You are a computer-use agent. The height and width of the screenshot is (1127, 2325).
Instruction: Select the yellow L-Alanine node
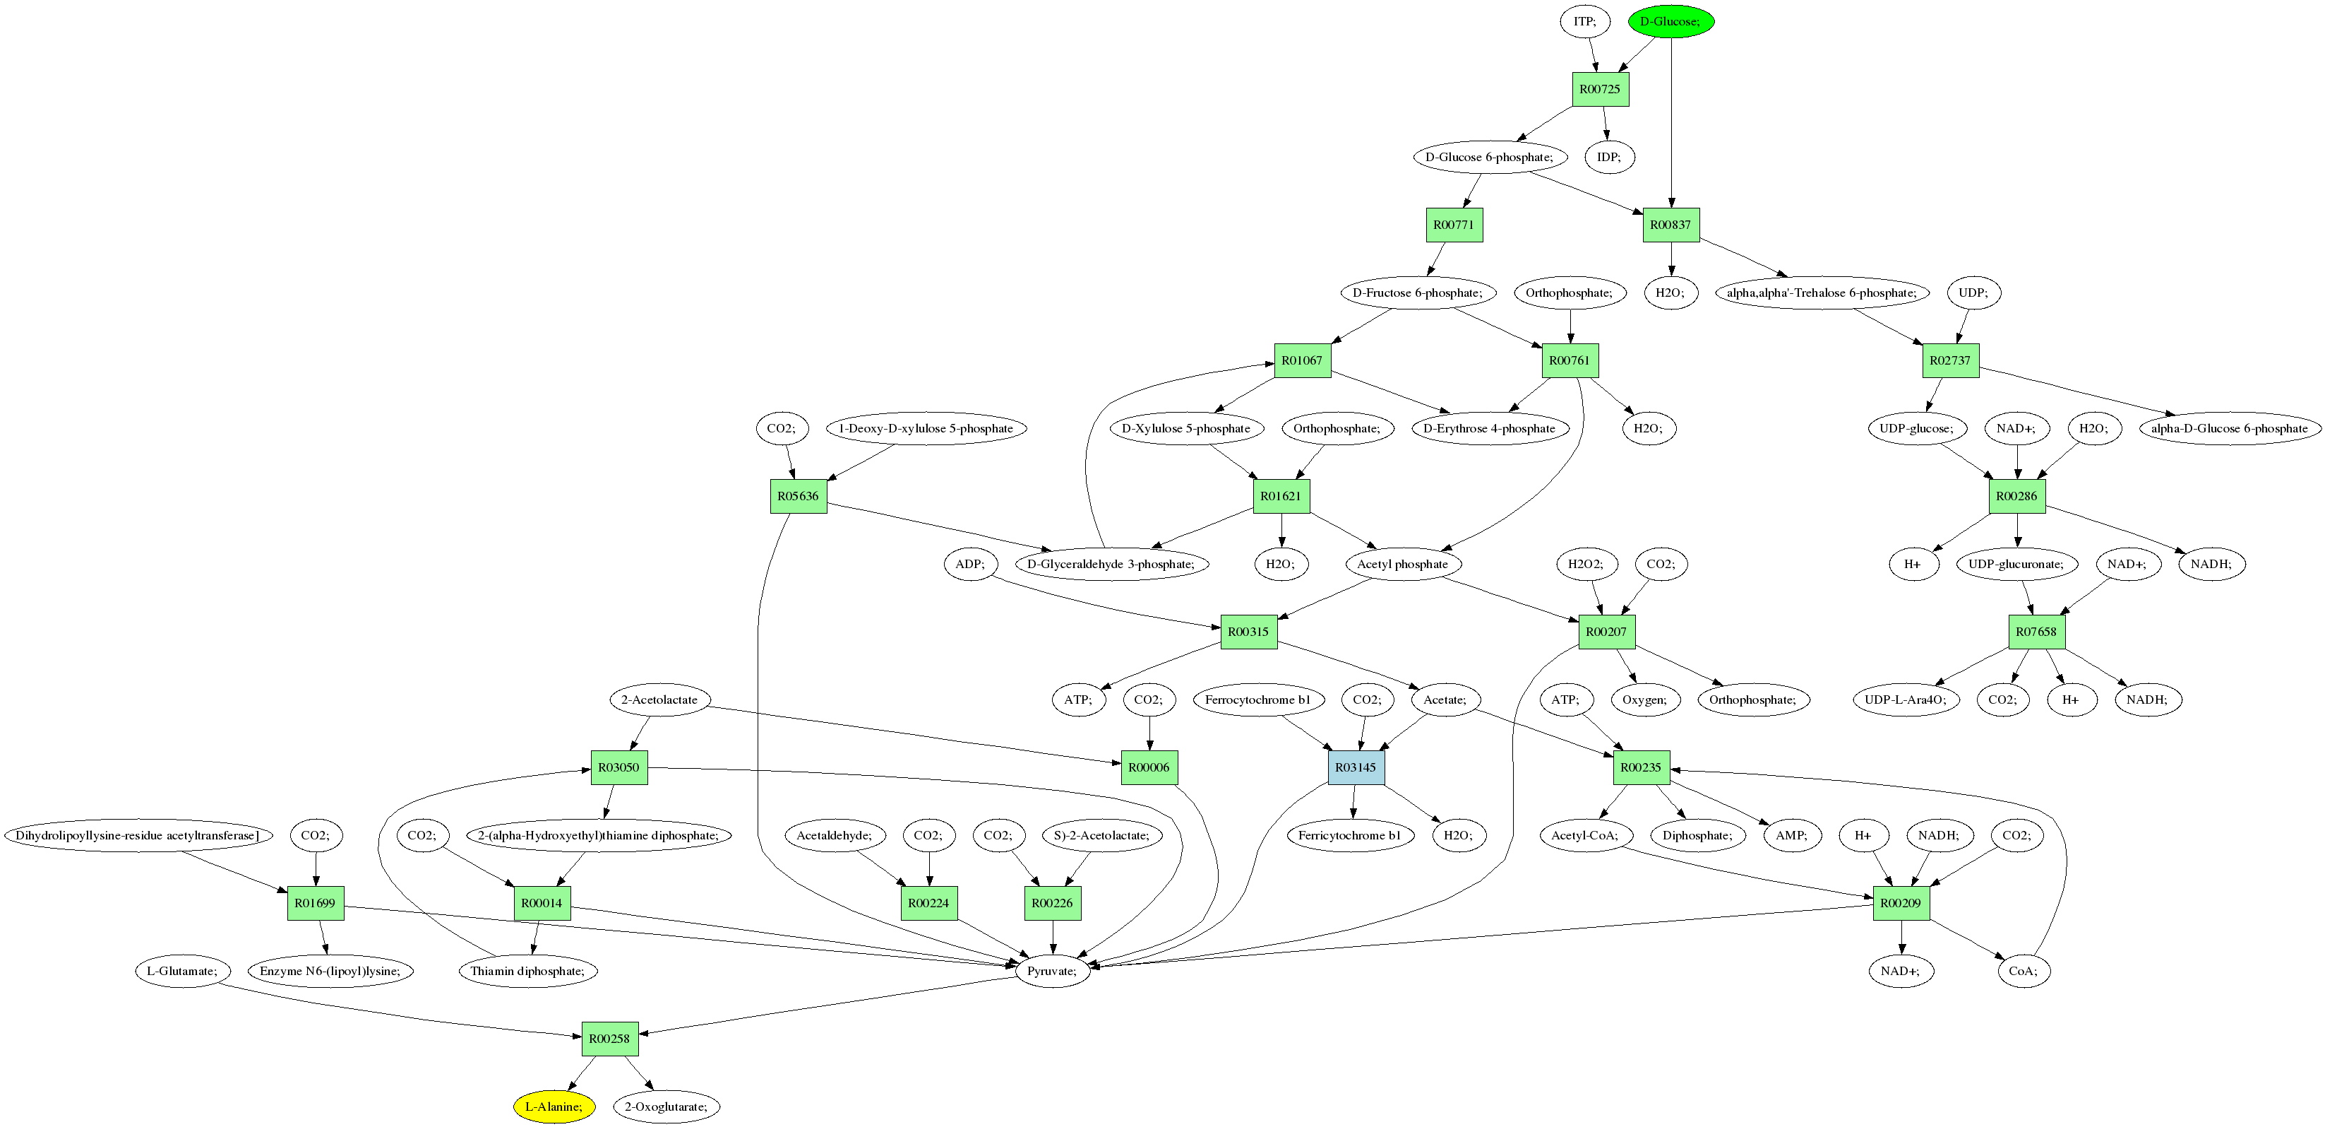click(554, 1107)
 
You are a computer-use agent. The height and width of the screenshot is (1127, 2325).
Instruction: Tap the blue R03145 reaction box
click(1356, 767)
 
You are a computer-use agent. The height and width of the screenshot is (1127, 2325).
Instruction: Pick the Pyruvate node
click(1053, 971)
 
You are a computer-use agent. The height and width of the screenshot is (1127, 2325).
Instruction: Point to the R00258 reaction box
click(609, 1039)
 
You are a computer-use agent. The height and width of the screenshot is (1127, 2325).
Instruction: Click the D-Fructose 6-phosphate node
click(1417, 293)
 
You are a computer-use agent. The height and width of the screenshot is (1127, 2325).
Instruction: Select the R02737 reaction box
click(1949, 360)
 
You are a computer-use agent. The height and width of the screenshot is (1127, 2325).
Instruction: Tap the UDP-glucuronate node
click(2016, 565)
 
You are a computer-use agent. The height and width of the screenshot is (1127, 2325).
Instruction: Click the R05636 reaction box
click(798, 496)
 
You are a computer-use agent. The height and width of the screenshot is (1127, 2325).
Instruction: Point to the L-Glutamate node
click(182, 971)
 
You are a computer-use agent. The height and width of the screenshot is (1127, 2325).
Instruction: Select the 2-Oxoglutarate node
click(666, 1107)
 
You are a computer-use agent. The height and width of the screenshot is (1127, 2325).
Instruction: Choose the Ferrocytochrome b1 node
click(1258, 700)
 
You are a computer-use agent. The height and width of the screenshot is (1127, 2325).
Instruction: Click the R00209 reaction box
click(1901, 903)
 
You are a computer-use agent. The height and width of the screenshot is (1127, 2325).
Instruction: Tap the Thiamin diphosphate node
click(528, 971)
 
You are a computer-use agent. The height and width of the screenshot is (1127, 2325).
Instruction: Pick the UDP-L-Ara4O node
click(1906, 700)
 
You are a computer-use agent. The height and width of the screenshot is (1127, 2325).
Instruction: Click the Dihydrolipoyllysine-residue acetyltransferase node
click(137, 835)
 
